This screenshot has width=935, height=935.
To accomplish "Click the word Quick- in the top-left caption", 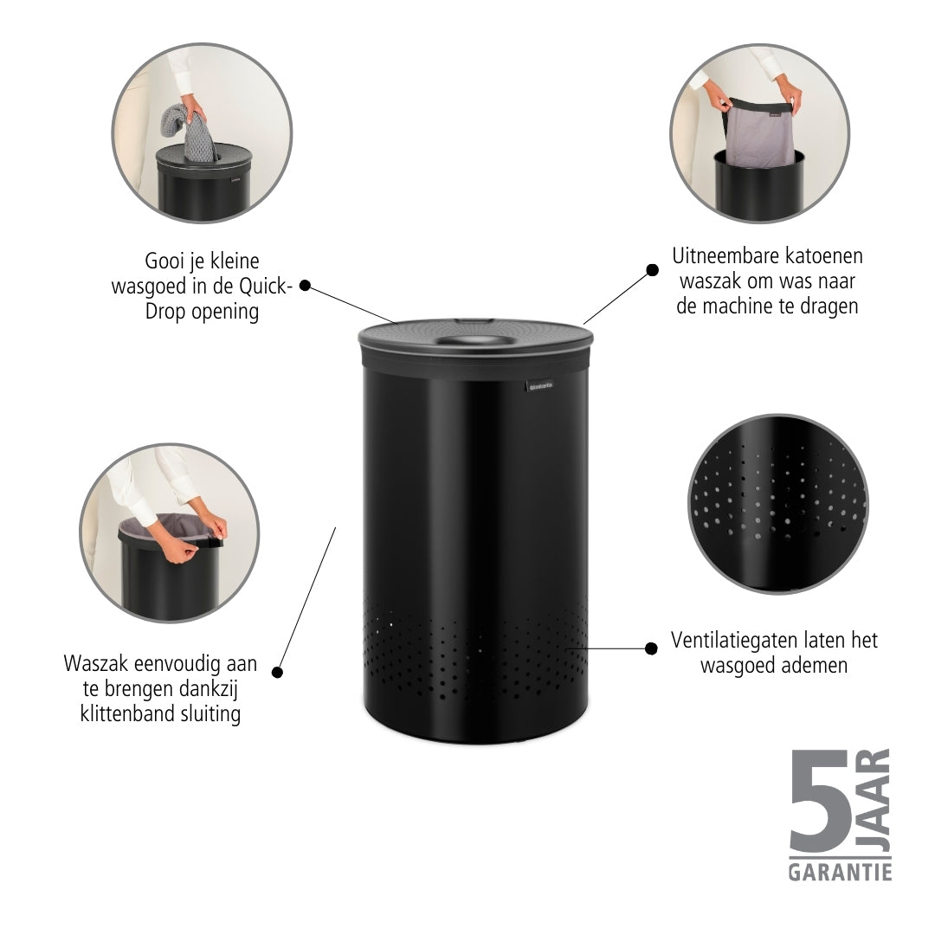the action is tap(266, 287).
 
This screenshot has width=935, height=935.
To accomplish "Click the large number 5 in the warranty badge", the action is tap(819, 802).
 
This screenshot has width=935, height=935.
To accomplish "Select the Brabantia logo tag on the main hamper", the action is tap(539, 386).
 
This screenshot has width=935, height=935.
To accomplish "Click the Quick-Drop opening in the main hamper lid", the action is tap(474, 341).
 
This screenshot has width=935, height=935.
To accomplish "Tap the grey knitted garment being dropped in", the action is tap(190, 133).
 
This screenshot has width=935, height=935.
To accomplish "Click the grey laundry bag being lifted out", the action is tap(759, 134).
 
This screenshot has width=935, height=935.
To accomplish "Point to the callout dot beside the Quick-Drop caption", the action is tap(305, 286).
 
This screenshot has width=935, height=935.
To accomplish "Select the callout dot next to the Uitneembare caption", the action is tap(653, 270).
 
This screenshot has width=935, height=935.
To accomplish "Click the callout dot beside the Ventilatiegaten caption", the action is tap(651, 648).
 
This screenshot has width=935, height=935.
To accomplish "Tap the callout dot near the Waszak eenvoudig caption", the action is tap(277, 672).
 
